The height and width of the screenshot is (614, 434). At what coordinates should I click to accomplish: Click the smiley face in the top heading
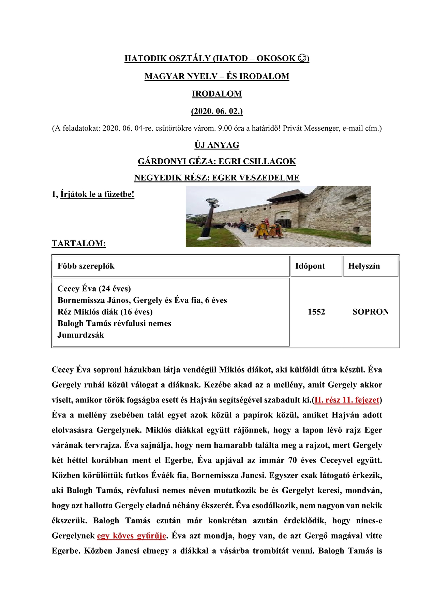click(x=302, y=58)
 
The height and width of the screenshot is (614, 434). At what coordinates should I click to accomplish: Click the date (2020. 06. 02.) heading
click(x=217, y=111)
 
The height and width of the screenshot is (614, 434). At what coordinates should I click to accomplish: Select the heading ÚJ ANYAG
click(x=217, y=145)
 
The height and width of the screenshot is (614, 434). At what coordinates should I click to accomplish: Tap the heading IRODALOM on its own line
click(x=217, y=94)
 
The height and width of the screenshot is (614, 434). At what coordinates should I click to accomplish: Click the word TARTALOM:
click(x=79, y=243)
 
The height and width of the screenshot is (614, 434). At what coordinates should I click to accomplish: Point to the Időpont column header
click(x=310, y=266)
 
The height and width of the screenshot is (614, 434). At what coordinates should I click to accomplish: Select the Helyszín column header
click(x=364, y=266)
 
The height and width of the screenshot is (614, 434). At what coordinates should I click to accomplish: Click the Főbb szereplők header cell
click(x=86, y=266)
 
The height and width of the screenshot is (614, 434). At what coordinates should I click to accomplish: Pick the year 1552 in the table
click(x=316, y=312)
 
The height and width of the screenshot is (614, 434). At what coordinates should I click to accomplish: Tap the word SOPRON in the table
click(x=371, y=312)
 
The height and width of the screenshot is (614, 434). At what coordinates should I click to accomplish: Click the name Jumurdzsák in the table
click(x=80, y=335)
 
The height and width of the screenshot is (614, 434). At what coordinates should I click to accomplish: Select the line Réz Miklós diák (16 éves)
click(x=105, y=312)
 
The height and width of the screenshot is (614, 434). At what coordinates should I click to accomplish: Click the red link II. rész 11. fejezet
click(x=347, y=400)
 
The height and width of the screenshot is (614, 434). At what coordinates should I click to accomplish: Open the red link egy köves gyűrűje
click(x=132, y=536)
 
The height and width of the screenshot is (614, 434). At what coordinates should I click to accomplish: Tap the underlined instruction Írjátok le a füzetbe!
click(x=97, y=194)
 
